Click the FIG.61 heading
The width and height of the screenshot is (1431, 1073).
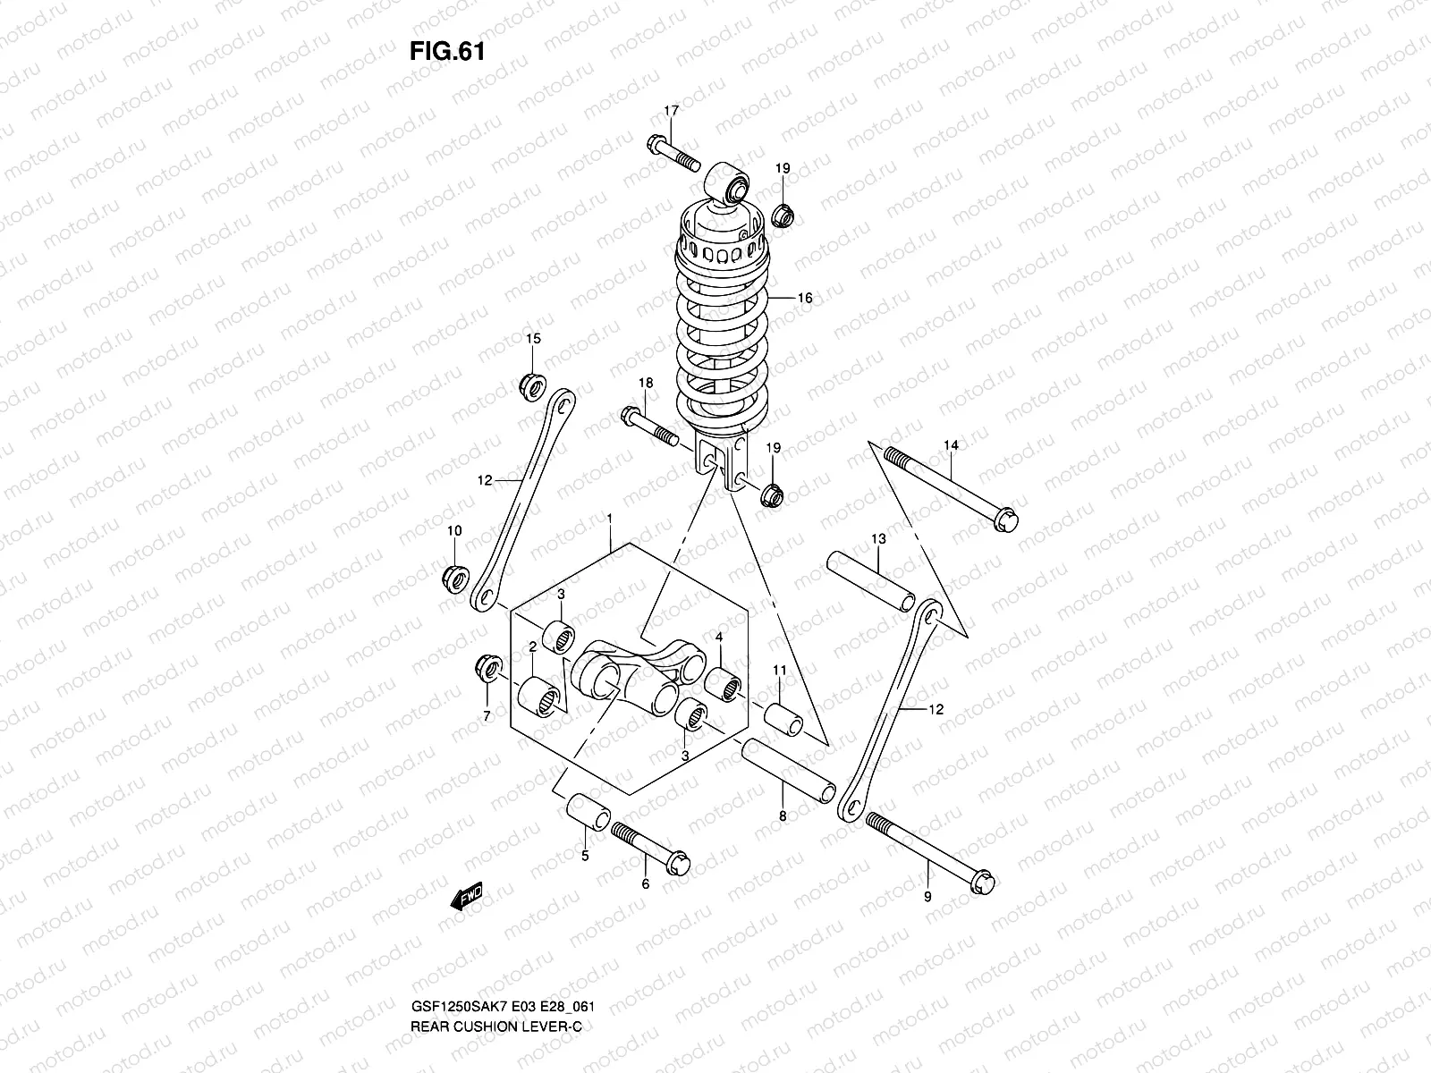click(446, 52)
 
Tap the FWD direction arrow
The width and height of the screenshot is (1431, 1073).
click(466, 896)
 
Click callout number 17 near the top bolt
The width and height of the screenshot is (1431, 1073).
click(671, 111)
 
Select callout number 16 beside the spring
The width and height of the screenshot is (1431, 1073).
click(804, 298)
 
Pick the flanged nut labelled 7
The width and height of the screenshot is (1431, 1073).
click(488, 666)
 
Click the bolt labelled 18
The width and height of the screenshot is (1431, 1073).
click(649, 427)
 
